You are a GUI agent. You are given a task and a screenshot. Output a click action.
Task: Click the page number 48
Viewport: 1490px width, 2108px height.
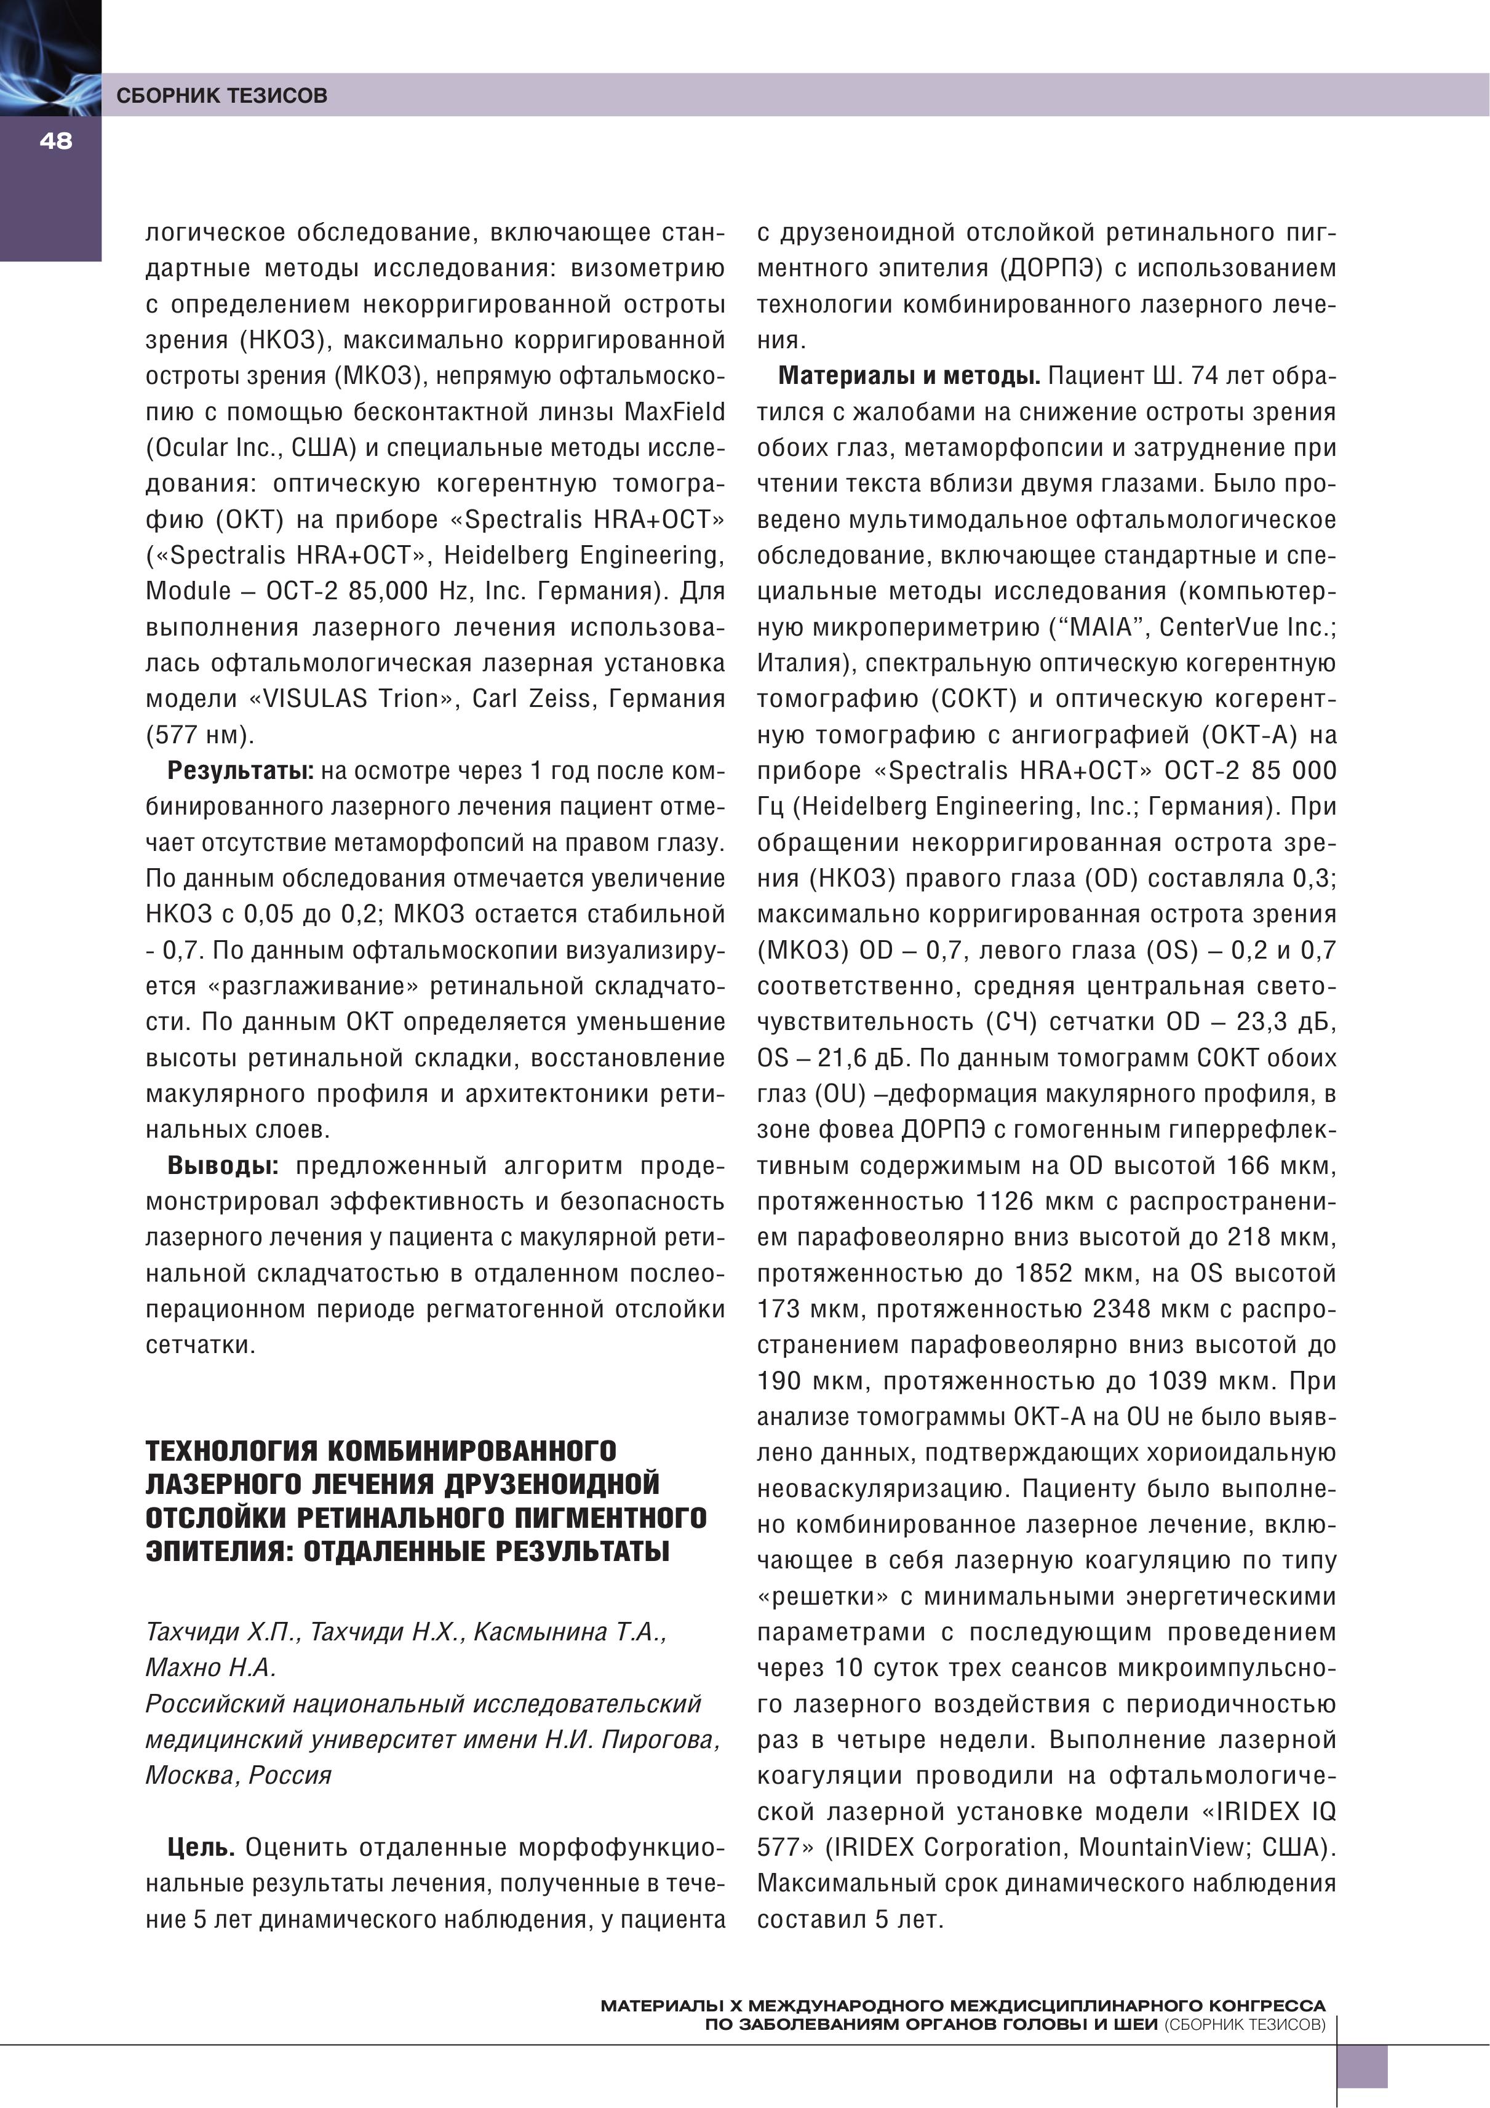(x=55, y=140)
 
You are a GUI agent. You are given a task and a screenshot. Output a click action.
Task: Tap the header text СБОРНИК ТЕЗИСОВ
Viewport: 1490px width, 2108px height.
(x=221, y=95)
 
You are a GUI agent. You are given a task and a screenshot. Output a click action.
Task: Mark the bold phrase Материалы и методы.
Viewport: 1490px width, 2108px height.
(x=908, y=375)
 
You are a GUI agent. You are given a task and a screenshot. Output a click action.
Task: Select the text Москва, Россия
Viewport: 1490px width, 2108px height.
(x=238, y=1775)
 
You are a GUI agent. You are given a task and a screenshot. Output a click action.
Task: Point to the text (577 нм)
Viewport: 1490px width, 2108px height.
(x=199, y=735)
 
